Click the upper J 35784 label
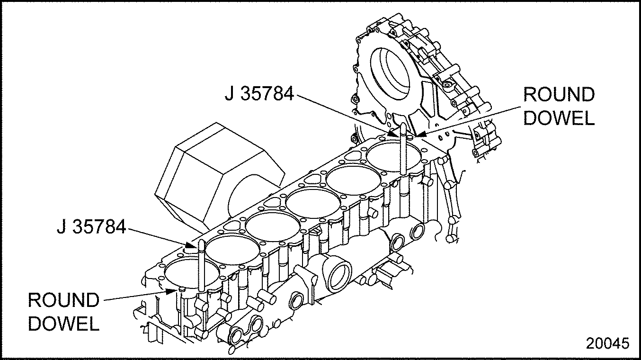(x=259, y=93)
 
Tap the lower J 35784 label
(x=91, y=226)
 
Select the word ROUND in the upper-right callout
(x=559, y=95)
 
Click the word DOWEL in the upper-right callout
(x=559, y=117)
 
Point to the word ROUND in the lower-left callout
(x=63, y=300)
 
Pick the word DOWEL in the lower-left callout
(x=63, y=324)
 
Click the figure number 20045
(x=607, y=343)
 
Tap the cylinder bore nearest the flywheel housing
(x=394, y=156)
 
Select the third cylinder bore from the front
(x=273, y=226)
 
